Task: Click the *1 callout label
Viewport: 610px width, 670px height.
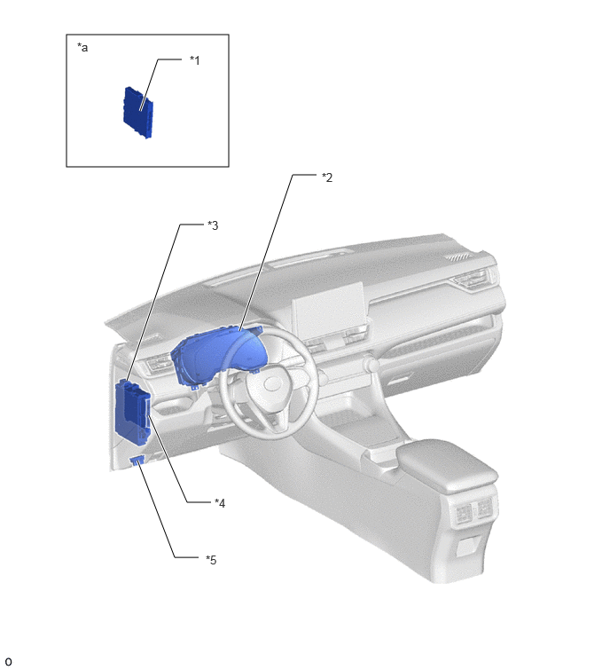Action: [x=195, y=60]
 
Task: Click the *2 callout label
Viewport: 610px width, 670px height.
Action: [x=327, y=177]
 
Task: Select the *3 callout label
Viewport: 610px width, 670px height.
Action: [x=213, y=225]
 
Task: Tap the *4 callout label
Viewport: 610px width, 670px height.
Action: [x=220, y=503]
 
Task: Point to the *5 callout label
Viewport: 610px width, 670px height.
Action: [x=211, y=559]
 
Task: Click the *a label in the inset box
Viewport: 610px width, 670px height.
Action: [x=82, y=47]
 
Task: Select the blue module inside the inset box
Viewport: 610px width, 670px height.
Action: [x=138, y=113]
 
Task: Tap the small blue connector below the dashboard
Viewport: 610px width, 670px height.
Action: [x=137, y=460]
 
